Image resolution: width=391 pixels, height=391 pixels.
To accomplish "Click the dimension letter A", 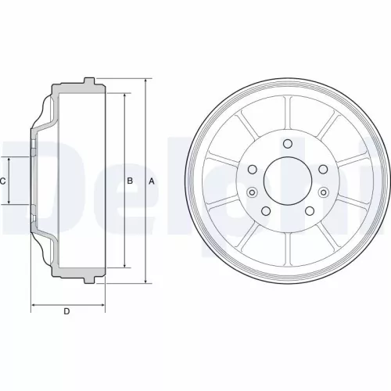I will [152, 181].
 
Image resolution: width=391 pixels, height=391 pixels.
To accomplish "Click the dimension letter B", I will [130, 181].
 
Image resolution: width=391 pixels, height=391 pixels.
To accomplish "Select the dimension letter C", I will [4, 181].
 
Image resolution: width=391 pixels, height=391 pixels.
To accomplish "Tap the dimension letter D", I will [67, 312].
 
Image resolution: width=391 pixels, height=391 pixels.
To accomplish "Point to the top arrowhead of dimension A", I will [146, 81].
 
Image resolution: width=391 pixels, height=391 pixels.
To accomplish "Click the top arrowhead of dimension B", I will [124, 95].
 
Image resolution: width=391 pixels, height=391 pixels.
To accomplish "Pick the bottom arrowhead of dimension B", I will [124, 267].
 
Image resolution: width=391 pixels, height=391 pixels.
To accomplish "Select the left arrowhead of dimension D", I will [32, 304].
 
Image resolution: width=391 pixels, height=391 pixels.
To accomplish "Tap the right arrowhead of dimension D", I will [102, 304].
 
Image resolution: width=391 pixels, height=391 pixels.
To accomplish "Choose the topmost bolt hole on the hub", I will [287, 143].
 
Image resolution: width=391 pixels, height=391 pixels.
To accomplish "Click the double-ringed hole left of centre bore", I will [252, 192].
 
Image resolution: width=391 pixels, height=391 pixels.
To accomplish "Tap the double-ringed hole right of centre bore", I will [323, 192].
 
